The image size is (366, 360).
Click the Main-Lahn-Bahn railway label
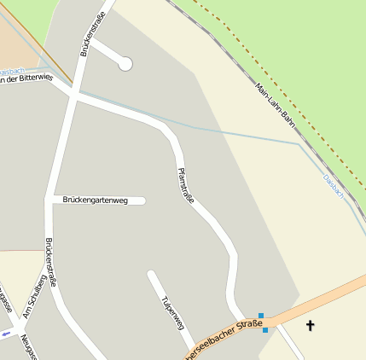pos(276,106)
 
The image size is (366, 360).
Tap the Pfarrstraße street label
pos(185,186)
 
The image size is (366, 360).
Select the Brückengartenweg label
pos(95,200)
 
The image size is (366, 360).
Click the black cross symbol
pos(310,325)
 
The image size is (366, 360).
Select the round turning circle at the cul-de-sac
pos(125,63)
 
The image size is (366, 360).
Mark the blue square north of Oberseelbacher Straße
pos(260,316)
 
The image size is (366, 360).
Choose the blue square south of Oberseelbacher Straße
pos(265,329)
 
